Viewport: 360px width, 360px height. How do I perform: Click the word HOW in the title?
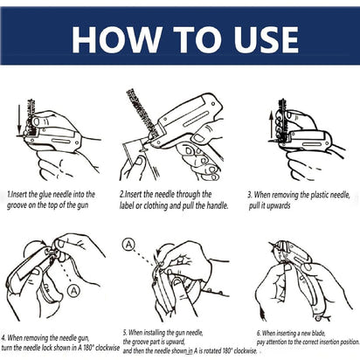(112, 39)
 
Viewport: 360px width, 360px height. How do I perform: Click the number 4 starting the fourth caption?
(3, 336)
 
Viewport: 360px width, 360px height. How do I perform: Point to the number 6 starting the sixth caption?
(259, 333)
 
